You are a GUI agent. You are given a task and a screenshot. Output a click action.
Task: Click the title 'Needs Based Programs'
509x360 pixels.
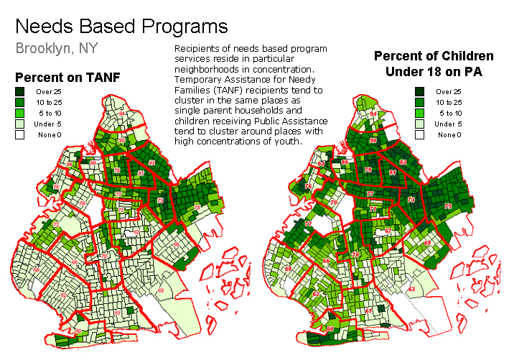[121, 27]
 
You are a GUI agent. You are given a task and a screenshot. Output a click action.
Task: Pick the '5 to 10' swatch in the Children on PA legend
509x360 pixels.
[419, 114]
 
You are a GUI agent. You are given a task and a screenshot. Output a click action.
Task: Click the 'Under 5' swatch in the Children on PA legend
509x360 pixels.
[419, 124]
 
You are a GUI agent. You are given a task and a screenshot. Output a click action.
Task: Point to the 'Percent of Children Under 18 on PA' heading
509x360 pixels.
[433, 63]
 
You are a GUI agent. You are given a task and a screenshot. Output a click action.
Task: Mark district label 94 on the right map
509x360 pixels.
[373, 114]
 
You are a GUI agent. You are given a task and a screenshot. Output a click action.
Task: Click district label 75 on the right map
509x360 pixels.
[449, 207]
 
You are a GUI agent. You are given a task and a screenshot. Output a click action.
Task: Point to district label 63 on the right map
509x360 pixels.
[411, 289]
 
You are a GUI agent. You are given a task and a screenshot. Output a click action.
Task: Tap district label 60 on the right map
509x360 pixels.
[330, 329]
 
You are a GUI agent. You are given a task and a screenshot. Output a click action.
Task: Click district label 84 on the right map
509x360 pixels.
[321, 165]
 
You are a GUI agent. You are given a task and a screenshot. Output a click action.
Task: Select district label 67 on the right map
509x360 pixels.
[388, 231]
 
